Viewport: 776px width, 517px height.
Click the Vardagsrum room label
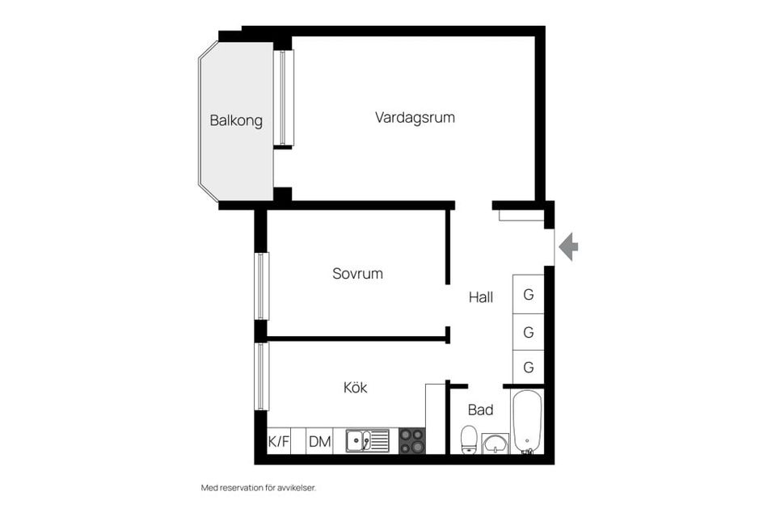tap(415, 117)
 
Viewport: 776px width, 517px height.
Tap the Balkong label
tap(236, 121)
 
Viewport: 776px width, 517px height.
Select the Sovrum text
tap(357, 274)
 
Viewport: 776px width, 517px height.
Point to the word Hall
tap(481, 297)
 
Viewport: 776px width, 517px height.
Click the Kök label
tap(356, 388)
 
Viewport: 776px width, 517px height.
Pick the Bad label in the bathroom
tap(480, 410)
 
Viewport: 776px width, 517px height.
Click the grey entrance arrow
tap(568, 246)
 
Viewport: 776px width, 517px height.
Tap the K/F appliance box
tap(279, 441)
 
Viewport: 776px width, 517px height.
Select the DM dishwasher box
tap(320, 441)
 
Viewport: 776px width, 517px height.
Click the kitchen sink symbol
tap(367, 441)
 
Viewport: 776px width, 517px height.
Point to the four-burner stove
tap(411, 441)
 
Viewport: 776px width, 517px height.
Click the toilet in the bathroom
tap(470, 439)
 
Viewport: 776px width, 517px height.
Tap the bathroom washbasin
tap(495, 443)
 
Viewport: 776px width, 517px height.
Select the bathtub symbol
tap(528, 422)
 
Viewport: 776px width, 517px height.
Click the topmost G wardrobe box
tap(529, 294)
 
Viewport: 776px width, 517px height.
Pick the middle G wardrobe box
tap(529, 331)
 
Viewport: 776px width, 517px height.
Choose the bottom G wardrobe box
tap(529, 367)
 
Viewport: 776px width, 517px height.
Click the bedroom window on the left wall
tap(261, 286)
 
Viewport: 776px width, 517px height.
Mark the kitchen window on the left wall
tap(261, 376)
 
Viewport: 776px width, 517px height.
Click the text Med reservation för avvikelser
tap(258, 488)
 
